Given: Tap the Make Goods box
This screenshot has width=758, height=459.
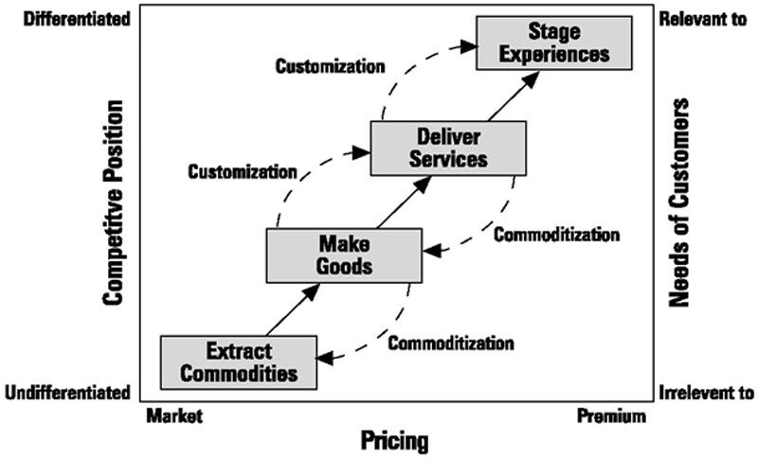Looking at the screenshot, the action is (x=342, y=255).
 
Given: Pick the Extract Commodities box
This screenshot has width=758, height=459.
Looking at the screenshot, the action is (x=238, y=362).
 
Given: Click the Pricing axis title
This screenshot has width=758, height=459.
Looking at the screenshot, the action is (x=394, y=440).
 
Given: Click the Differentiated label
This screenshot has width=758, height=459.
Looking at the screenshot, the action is (x=66, y=18).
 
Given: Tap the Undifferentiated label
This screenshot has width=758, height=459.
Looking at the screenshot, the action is (x=65, y=392).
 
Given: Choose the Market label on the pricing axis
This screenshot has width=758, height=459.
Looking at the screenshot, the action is (x=176, y=416).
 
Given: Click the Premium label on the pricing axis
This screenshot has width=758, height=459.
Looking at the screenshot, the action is (x=611, y=416).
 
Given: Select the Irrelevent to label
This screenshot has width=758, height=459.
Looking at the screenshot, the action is (x=705, y=392).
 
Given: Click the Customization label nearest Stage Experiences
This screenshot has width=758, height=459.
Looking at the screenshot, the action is (x=331, y=66).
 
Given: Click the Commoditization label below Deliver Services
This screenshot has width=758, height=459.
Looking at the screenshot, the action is (x=557, y=235).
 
